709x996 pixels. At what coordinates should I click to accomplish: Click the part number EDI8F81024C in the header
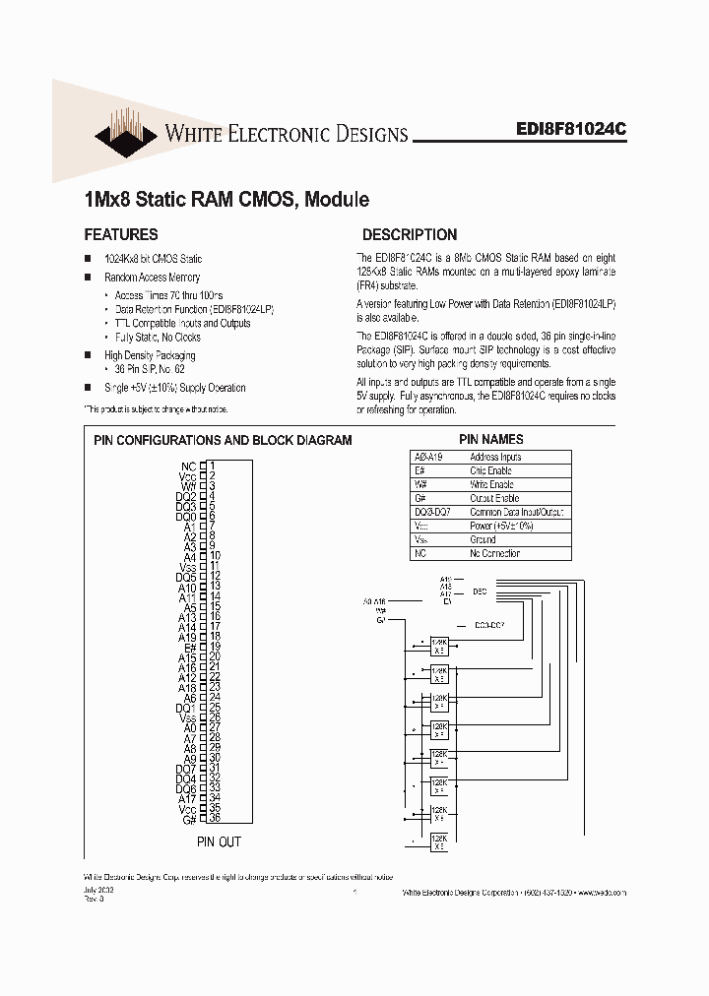570,128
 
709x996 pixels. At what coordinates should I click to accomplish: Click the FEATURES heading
121,235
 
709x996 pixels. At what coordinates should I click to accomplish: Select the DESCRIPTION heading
410,235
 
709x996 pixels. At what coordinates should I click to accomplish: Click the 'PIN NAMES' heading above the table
490,439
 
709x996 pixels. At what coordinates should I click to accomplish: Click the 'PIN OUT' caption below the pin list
218,841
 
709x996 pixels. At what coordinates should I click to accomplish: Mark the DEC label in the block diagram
480,591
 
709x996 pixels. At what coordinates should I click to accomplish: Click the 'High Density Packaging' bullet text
150,355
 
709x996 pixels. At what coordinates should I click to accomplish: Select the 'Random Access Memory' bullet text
152,278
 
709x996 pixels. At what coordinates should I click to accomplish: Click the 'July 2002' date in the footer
97,887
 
